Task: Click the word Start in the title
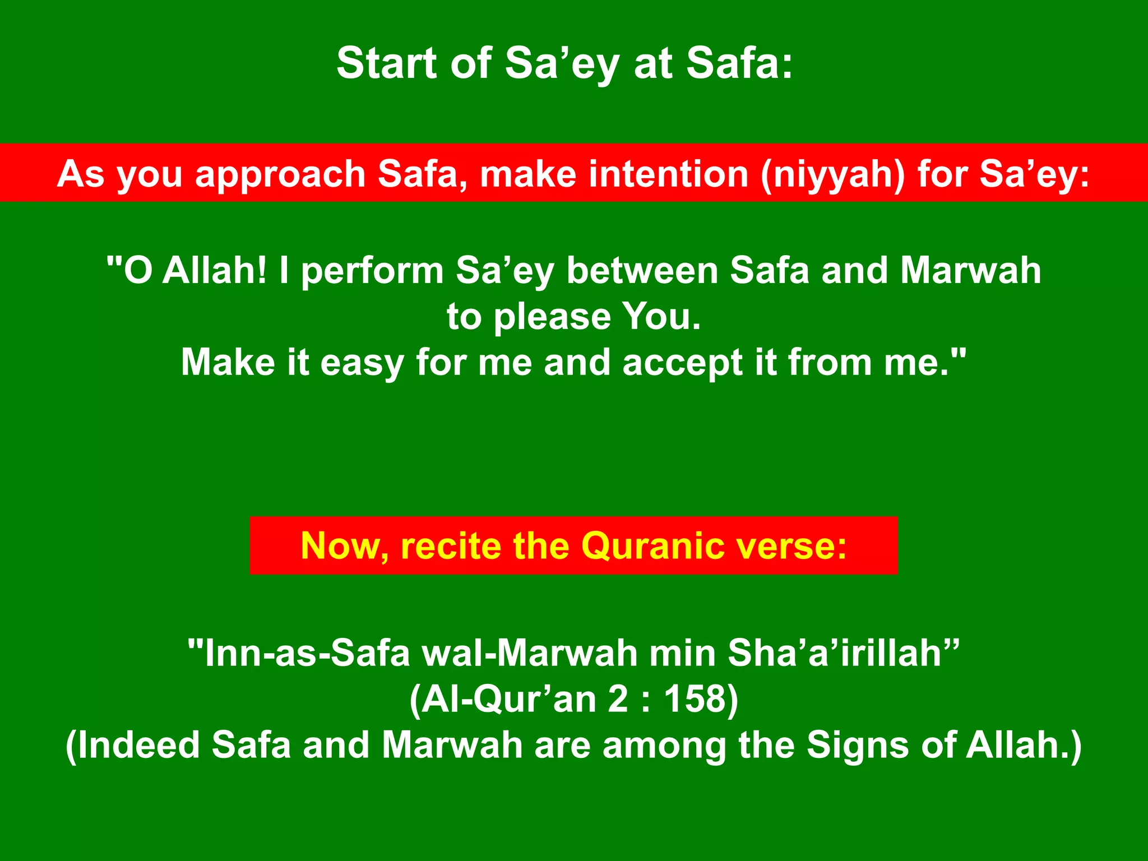[386, 63]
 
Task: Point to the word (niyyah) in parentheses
[832, 175]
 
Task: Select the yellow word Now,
[345, 546]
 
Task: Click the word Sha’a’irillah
[843, 654]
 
